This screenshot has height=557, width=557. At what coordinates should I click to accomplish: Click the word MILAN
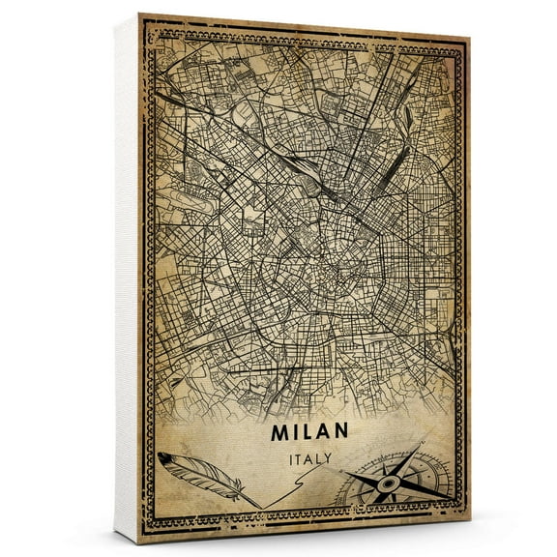(311, 428)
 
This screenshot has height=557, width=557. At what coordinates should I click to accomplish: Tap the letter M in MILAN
(282, 428)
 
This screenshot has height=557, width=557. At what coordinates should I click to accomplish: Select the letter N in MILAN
(341, 428)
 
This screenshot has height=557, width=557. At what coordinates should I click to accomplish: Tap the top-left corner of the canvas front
(140, 15)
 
